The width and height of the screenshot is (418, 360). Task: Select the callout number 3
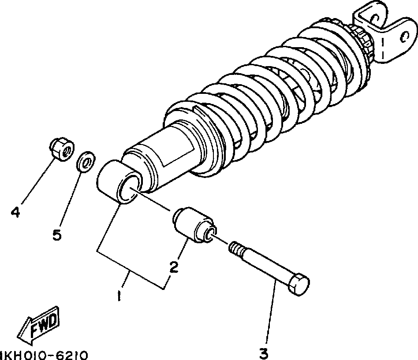[264, 353]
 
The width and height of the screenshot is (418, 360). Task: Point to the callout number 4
[15, 213]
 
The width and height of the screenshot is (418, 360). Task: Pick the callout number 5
[56, 235]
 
